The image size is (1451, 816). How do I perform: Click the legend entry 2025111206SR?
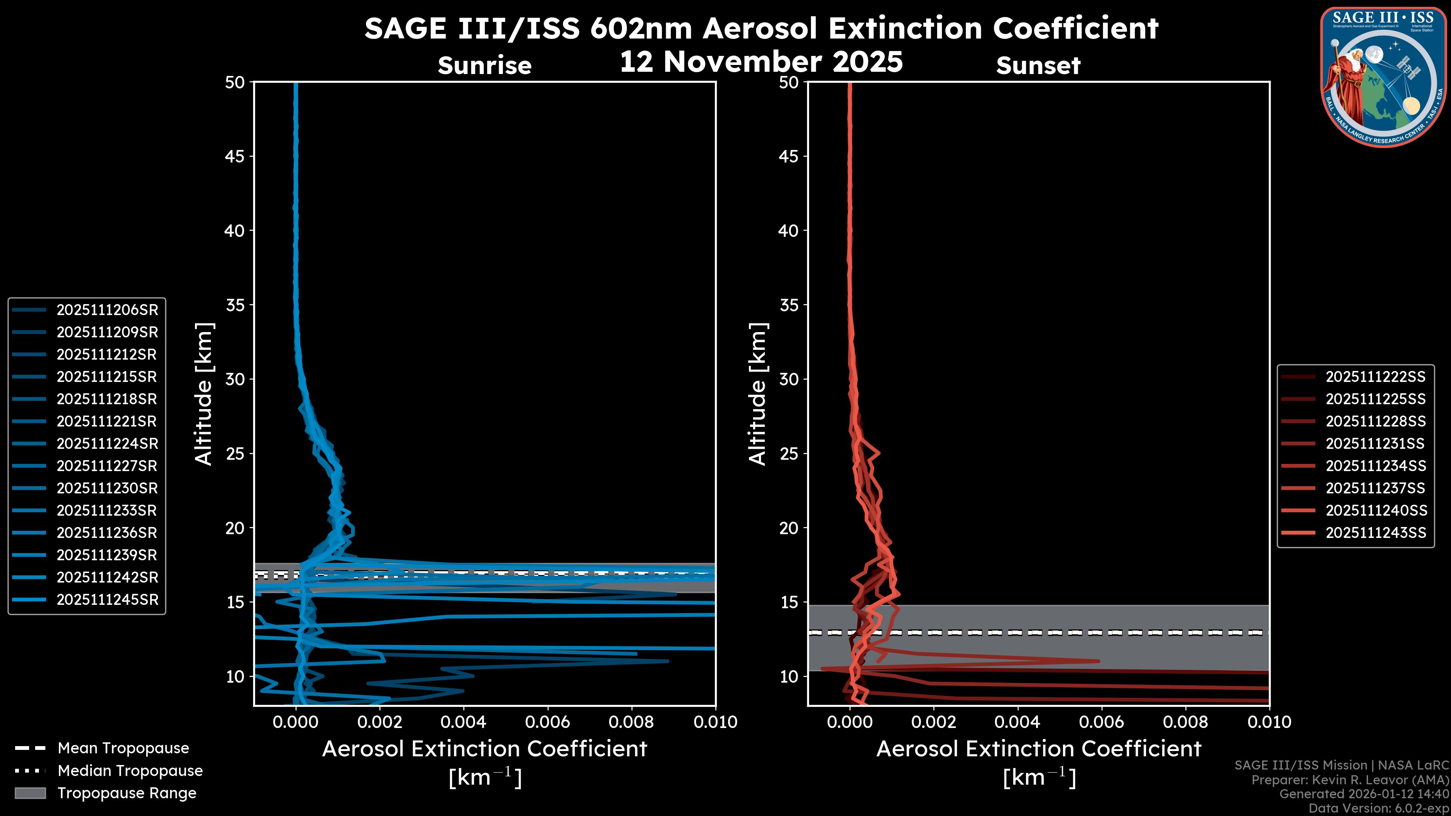pyautogui.click(x=107, y=310)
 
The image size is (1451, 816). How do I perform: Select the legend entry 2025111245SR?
pyautogui.click(x=107, y=600)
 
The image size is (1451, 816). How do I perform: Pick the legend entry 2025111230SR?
pyautogui.click(x=107, y=488)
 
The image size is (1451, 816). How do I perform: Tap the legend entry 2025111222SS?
pyautogui.click(x=1375, y=377)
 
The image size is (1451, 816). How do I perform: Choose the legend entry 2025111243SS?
pyautogui.click(x=1375, y=533)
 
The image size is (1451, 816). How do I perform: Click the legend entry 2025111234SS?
pyautogui.click(x=1375, y=466)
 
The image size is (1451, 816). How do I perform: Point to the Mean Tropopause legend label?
pyautogui.click(x=123, y=748)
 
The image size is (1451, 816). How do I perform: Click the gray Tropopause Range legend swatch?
pyautogui.click(x=30, y=793)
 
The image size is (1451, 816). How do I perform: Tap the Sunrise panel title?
pyautogui.click(x=484, y=66)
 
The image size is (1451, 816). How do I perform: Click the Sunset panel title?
pyautogui.click(x=1038, y=66)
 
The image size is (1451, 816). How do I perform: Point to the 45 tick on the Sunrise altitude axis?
pyautogui.click(x=235, y=156)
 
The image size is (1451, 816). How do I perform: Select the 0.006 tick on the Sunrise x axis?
pyautogui.click(x=548, y=722)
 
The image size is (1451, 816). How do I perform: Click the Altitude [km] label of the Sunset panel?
pyautogui.click(x=758, y=394)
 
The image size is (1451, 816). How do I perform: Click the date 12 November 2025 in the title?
pyautogui.click(x=761, y=62)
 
